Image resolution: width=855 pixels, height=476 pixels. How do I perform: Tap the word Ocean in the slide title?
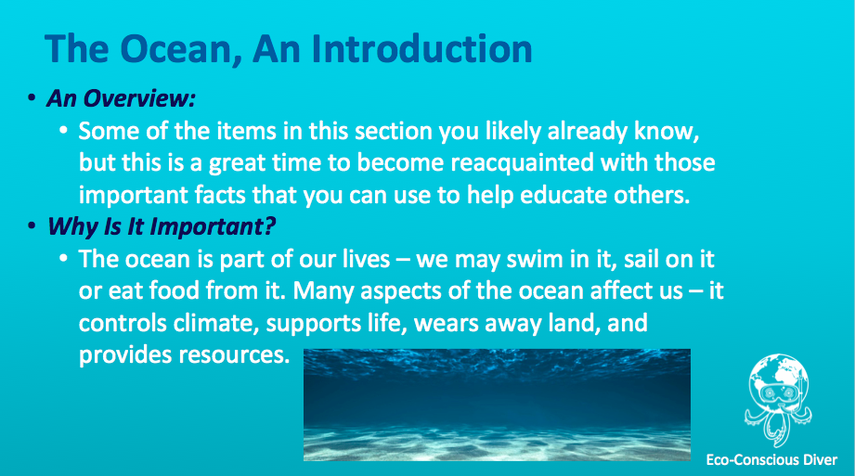pyautogui.click(x=181, y=50)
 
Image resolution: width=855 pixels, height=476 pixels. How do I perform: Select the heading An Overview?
pyautogui.click(x=121, y=98)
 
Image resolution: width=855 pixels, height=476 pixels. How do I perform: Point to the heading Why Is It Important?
pyautogui.click(x=162, y=226)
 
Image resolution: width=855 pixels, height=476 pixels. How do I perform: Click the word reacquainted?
pyautogui.click(x=523, y=163)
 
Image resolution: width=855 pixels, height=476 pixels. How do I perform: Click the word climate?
pyautogui.click(x=216, y=323)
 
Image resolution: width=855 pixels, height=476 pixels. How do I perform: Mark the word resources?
pyautogui.click(x=235, y=355)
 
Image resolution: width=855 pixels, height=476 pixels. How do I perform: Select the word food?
pyautogui.click(x=174, y=290)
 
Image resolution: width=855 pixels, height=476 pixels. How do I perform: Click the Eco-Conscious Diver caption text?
pyautogui.click(x=771, y=459)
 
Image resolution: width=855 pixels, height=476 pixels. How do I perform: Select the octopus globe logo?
pyautogui.click(x=778, y=400)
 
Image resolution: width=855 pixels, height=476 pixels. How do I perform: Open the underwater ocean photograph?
pyautogui.click(x=497, y=405)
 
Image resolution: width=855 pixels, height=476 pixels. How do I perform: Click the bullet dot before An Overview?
pyautogui.click(x=32, y=98)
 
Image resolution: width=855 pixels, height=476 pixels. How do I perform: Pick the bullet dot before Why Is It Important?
pyautogui.click(x=32, y=225)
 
